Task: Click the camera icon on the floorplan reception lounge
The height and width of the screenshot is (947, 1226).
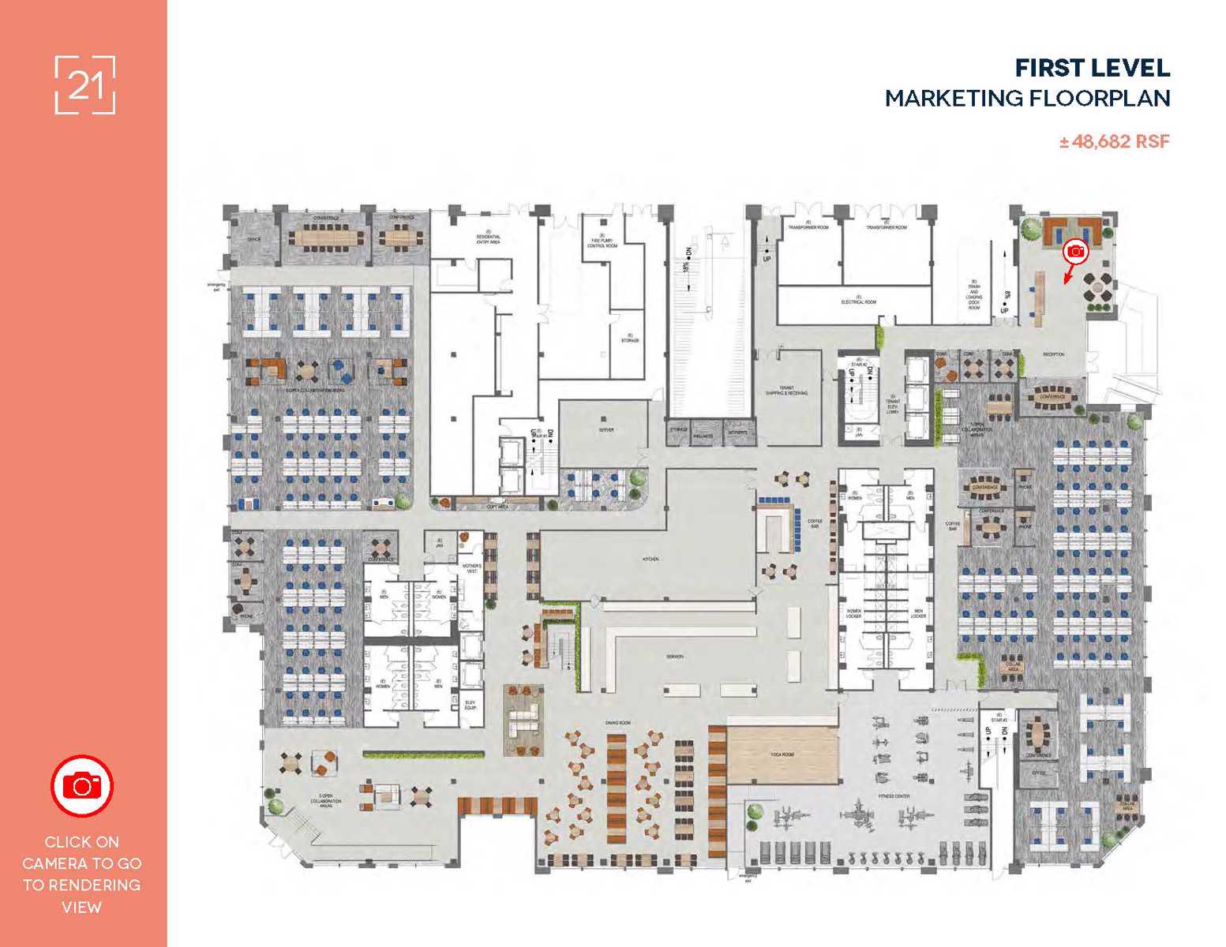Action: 1075,251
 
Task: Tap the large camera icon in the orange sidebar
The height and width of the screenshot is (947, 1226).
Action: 82,786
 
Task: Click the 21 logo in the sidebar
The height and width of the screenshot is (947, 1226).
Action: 85,85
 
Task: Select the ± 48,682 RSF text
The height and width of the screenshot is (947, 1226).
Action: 1114,142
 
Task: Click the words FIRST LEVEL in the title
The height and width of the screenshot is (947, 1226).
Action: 1092,69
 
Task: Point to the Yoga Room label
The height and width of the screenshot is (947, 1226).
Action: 782,754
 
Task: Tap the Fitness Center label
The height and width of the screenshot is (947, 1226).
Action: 894,796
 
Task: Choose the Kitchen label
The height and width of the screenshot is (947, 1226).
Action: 650,559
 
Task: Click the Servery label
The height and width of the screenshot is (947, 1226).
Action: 674,657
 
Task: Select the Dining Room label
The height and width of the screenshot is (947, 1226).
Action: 617,723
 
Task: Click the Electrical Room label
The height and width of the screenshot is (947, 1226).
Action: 858,302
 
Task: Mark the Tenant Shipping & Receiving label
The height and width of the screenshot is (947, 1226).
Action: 786,391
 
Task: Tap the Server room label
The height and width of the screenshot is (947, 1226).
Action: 606,430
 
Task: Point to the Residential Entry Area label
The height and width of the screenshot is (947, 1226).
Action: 488,239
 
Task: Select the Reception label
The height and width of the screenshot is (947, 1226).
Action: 1053,354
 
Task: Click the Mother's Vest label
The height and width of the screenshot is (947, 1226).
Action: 471,568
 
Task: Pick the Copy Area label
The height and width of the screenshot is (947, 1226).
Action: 497,507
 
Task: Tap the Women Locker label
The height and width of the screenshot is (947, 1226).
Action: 853,613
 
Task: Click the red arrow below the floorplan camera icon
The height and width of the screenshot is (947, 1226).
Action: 1069,273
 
